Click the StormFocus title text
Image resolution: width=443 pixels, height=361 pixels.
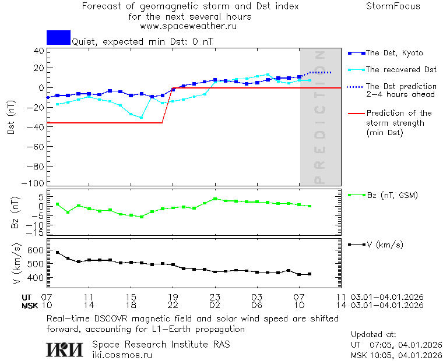(393, 6)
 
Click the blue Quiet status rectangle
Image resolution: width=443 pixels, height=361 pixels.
(58, 37)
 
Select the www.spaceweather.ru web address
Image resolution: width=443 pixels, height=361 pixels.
(188, 26)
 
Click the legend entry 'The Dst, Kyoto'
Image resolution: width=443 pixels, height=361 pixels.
(394, 53)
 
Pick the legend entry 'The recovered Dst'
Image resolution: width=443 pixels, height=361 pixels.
(401, 69)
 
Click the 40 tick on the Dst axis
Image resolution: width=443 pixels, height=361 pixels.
(38, 51)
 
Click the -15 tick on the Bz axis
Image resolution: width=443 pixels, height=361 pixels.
(36, 233)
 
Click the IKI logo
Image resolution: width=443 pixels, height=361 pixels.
(65, 349)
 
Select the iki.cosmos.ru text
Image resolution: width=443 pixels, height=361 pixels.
(122, 354)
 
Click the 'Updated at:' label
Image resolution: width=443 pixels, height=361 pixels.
(374, 335)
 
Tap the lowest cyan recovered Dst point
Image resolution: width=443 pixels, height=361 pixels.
(141, 117)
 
